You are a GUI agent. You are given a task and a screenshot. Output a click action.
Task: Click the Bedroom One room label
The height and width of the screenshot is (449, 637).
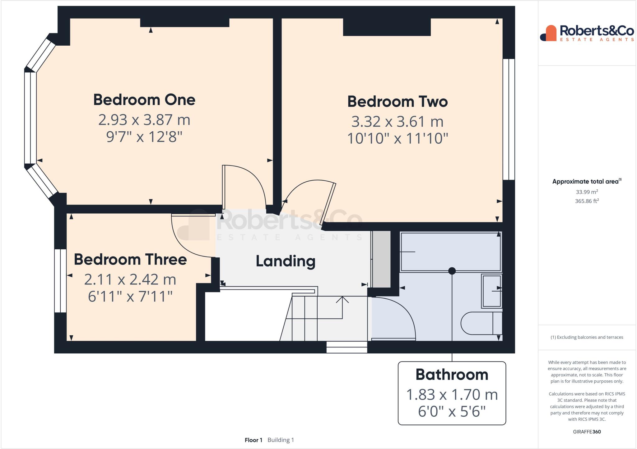tap(144, 100)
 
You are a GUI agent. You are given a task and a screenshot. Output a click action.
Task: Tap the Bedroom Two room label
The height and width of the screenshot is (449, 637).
tap(397, 102)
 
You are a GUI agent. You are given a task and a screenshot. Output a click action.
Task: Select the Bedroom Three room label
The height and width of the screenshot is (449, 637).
tap(130, 259)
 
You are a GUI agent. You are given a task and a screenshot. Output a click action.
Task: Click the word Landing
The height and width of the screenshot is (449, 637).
tap(285, 261)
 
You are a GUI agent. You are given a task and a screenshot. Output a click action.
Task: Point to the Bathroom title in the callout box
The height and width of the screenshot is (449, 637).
tap(452, 374)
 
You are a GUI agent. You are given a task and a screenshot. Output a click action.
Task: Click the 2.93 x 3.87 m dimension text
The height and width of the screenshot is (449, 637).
tap(144, 120)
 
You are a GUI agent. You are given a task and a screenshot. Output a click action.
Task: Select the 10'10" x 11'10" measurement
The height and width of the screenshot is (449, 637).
tap(397, 138)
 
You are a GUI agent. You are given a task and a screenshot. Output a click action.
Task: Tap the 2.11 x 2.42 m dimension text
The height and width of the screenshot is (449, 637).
tap(130, 279)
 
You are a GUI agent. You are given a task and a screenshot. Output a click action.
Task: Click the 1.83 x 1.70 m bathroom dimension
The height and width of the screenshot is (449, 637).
tap(452, 395)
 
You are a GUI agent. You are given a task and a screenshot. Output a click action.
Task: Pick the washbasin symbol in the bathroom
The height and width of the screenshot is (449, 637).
tap(491, 291)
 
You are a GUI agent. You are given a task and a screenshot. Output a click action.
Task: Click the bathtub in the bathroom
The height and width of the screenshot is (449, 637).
tap(451, 252)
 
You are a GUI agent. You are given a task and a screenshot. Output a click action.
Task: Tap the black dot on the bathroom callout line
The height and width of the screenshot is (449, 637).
tap(452, 271)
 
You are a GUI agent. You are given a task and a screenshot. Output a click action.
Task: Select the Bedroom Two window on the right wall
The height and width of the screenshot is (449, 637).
tap(509, 120)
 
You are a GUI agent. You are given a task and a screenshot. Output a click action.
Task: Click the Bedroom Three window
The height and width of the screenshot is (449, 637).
tap(60, 281)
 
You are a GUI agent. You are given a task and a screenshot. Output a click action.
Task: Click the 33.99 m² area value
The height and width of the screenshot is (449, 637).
tap(587, 192)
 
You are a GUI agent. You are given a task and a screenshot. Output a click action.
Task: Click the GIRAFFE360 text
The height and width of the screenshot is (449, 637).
tap(587, 432)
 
